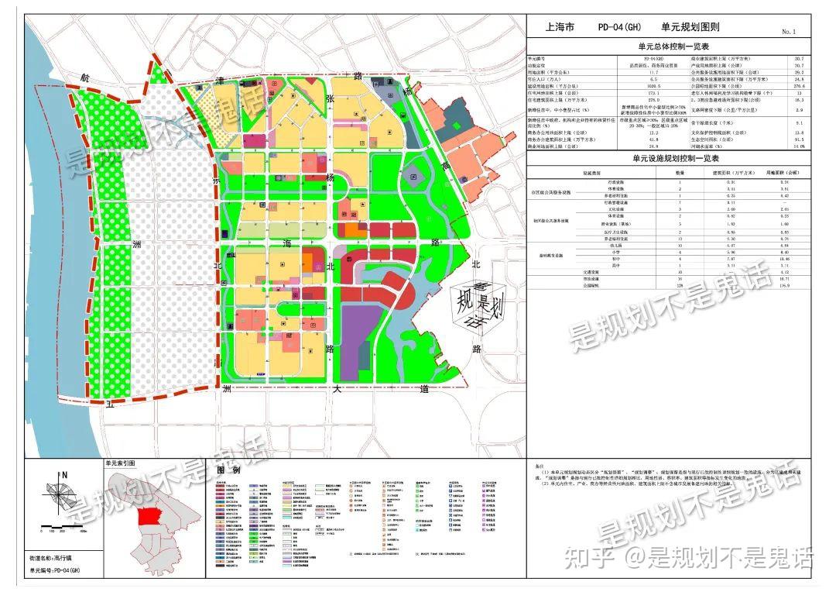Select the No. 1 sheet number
789,32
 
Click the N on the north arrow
66,475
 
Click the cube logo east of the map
477,302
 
